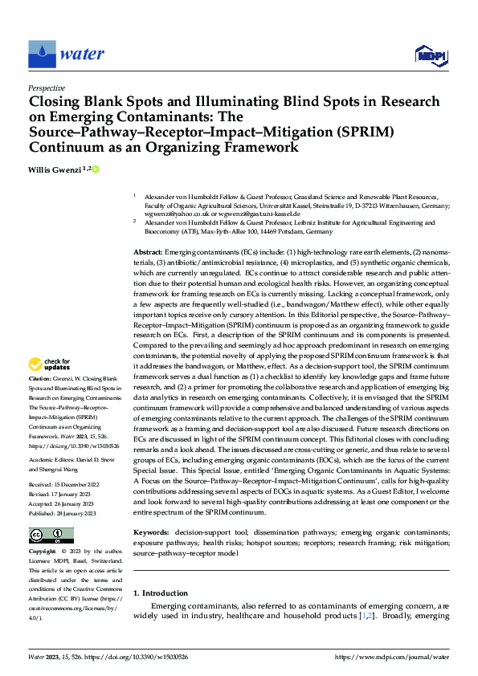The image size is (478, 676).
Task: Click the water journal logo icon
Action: pyautogui.click(x=42, y=55)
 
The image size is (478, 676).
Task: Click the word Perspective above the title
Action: pyautogui.click(x=47, y=88)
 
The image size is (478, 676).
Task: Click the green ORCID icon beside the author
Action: pyautogui.click(x=95, y=169)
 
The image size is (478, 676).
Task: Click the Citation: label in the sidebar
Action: pyautogui.click(x=41, y=377)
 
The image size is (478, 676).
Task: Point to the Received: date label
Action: pyautogui.click(x=43, y=462)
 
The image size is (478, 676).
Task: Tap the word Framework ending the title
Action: pyautogui.click(x=257, y=148)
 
